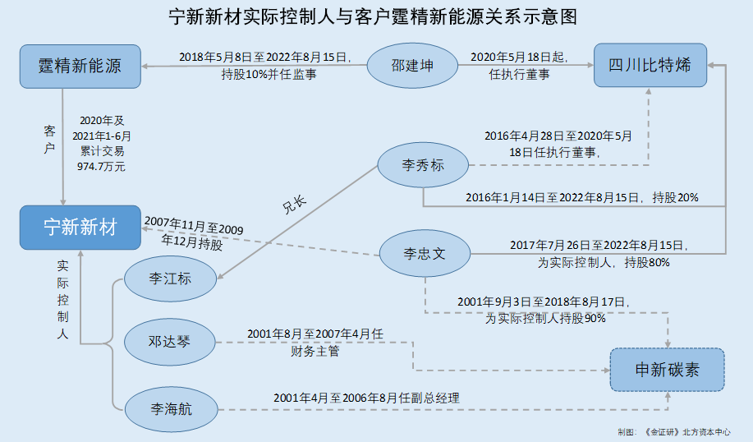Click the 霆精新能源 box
coord(80,66)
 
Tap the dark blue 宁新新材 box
coord(80,228)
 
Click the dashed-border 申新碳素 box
coord(667,370)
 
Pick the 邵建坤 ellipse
coord(411,66)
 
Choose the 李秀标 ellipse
coord(423,164)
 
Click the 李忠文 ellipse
coord(423,252)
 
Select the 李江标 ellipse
coord(170,279)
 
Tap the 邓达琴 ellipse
coord(170,341)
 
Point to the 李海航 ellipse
coord(170,407)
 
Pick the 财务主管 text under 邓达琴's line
coord(315,352)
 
